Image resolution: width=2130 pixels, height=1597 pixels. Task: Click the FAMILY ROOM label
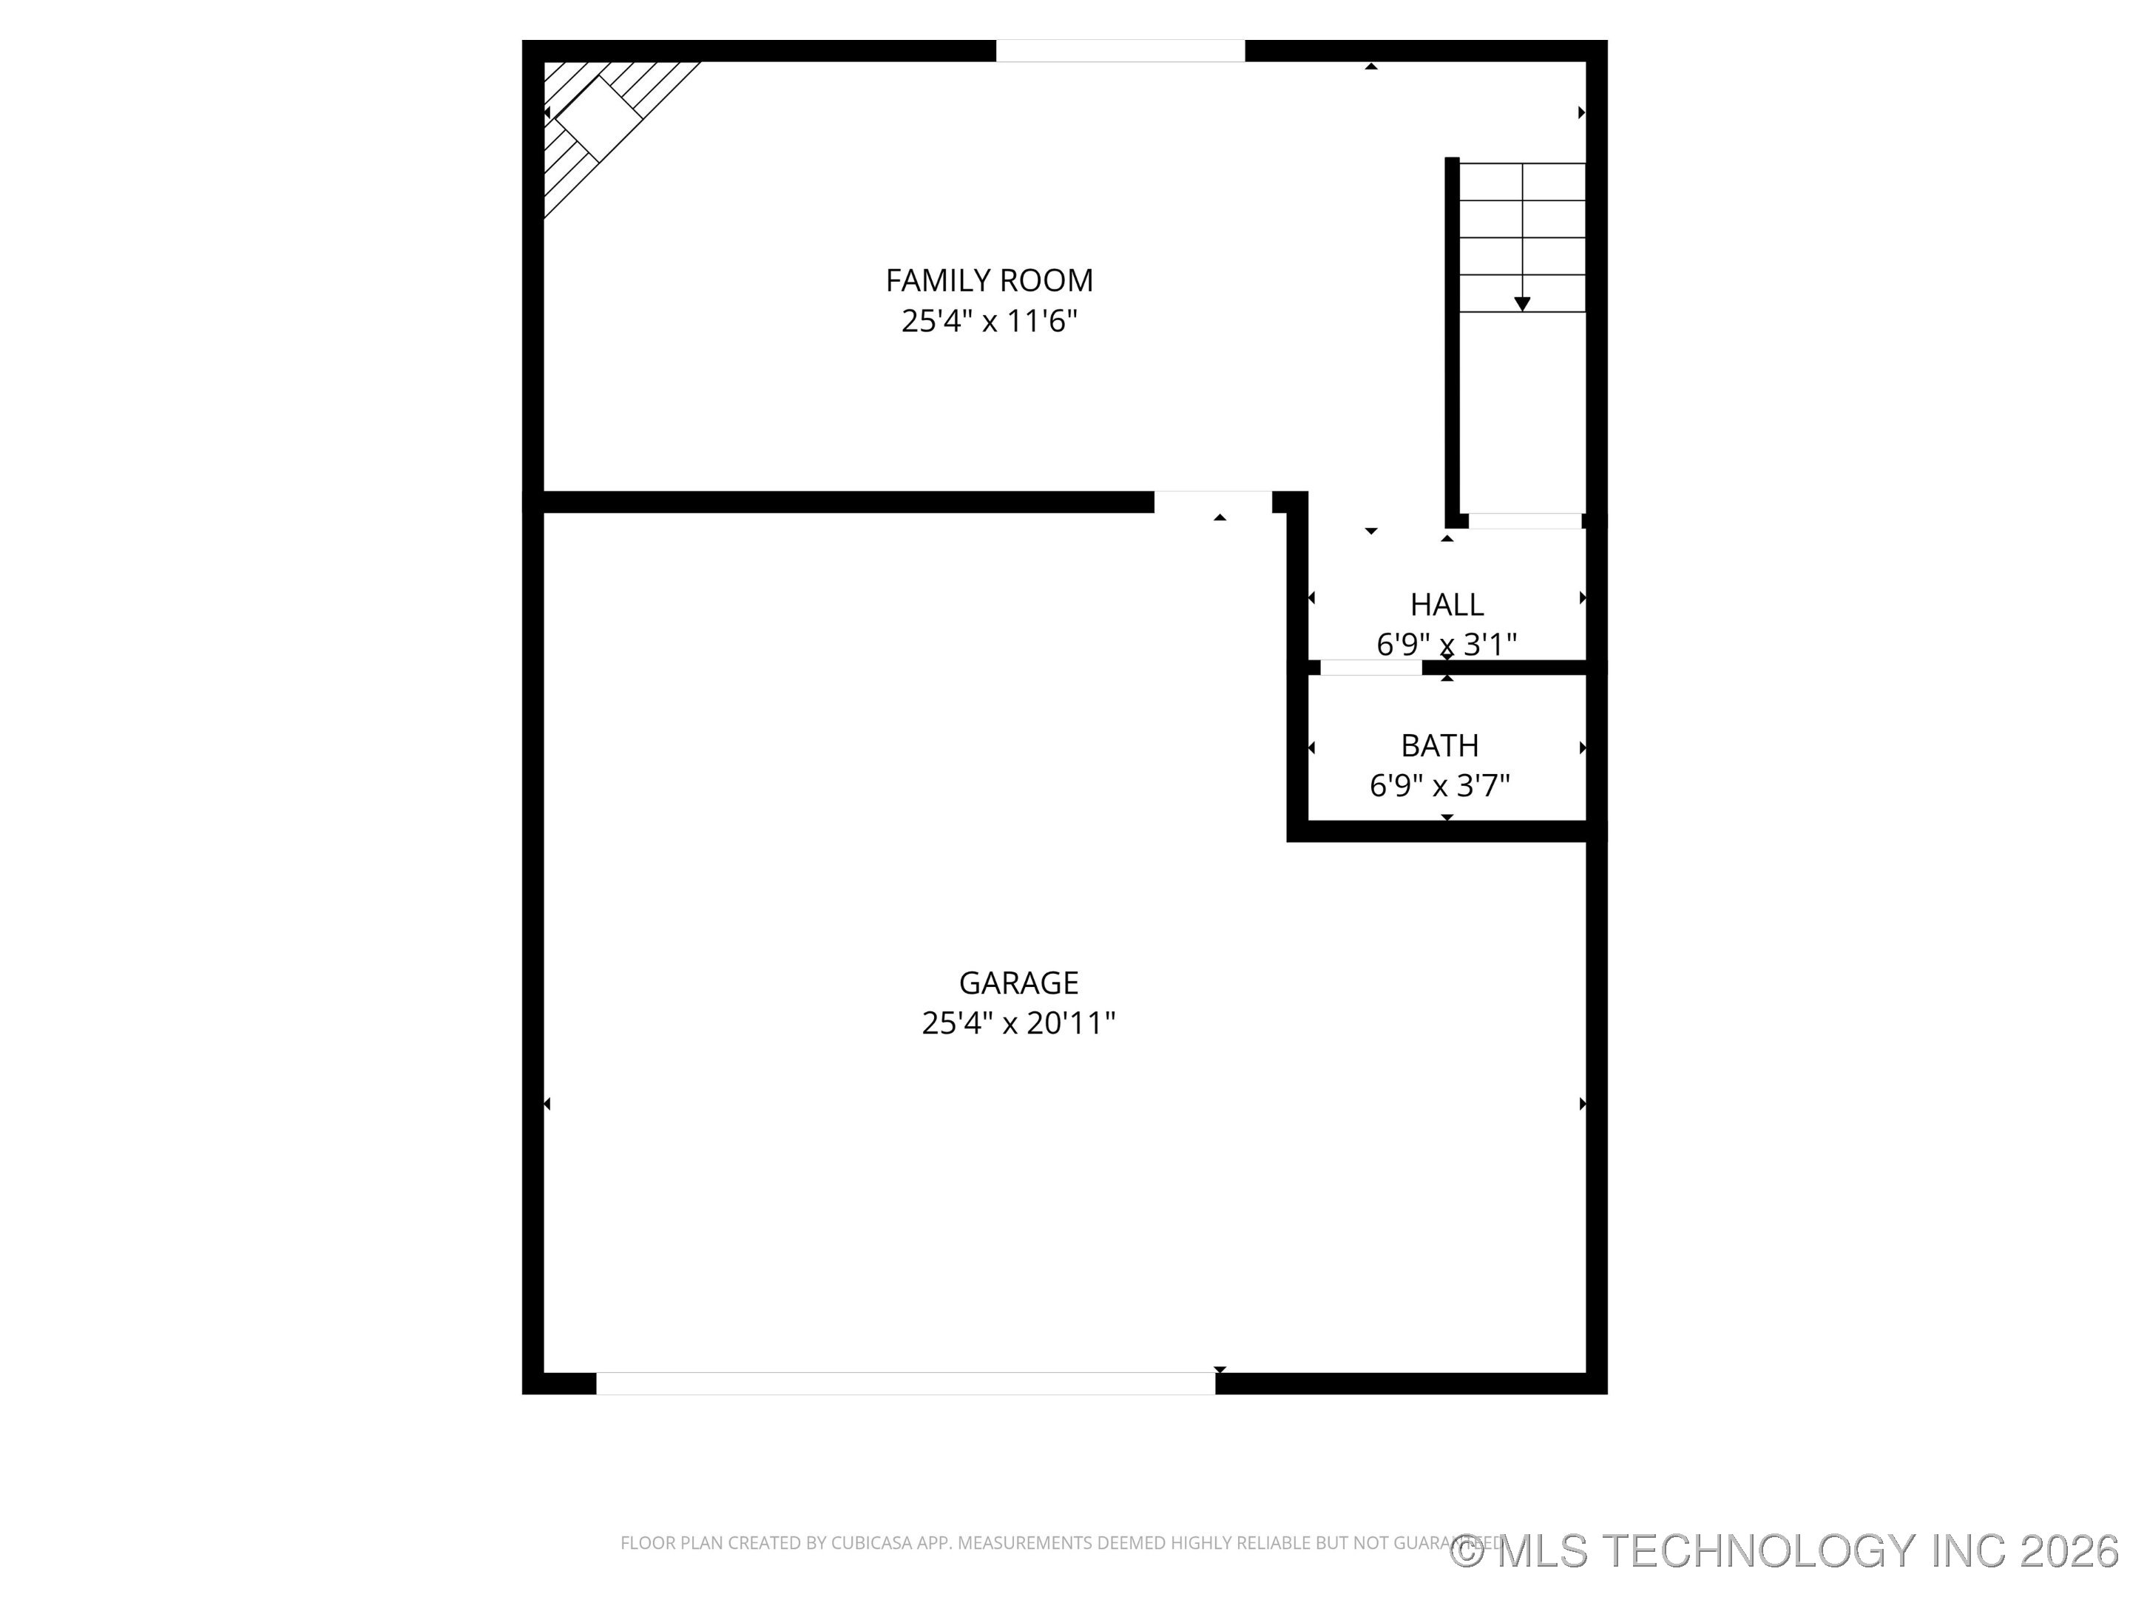tap(989, 280)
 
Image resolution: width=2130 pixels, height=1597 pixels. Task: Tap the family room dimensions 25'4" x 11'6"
tap(989, 321)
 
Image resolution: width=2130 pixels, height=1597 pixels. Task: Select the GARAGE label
tap(1018, 982)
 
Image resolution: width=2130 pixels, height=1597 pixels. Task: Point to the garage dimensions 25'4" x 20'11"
tap(1018, 1023)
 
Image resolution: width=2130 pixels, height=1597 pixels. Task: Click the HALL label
tap(1447, 605)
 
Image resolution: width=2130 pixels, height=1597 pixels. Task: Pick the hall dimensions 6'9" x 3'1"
tap(1447, 644)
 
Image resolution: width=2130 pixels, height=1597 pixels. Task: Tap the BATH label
tap(1439, 745)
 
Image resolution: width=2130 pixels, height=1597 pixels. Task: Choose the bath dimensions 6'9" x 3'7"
tap(1439, 785)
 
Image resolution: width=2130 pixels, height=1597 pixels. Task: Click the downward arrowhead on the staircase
tap(1521, 304)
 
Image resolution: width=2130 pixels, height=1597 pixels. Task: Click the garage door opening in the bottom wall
tap(905, 1383)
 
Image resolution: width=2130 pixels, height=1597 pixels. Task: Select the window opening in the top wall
tap(1120, 51)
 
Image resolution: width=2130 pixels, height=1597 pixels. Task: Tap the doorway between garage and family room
tap(1214, 501)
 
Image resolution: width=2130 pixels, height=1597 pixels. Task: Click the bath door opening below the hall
tap(1370, 667)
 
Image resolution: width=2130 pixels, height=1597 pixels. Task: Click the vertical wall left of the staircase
tap(1452, 337)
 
